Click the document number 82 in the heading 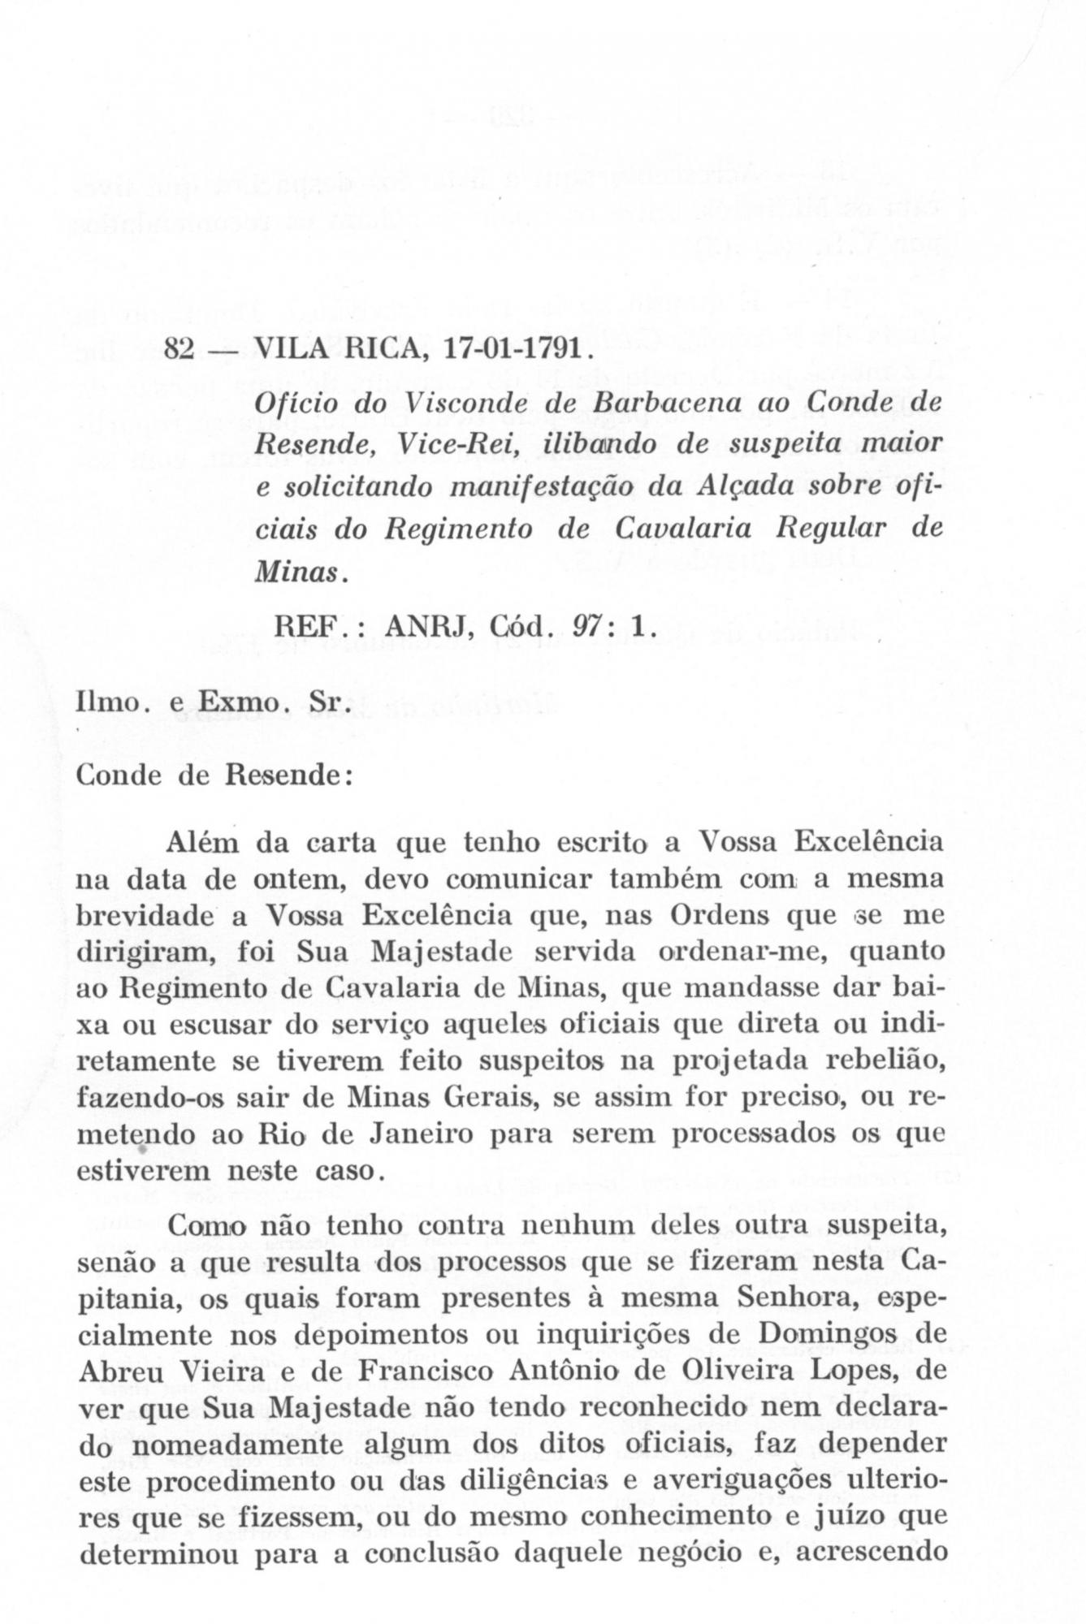pyautogui.click(x=178, y=349)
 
